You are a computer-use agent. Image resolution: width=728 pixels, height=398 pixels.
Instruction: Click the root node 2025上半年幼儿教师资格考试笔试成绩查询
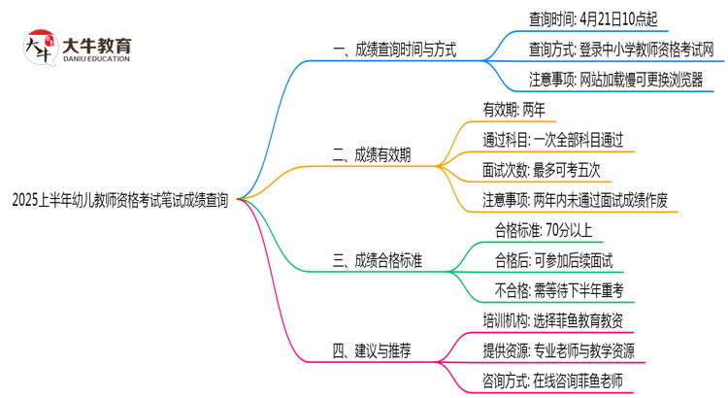pyautogui.click(x=120, y=201)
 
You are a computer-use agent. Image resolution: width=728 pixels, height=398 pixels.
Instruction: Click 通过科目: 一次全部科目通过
pyautogui.click(x=551, y=140)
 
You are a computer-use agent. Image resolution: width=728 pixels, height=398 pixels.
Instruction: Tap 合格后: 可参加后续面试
pyautogui.click(x=553, y=259)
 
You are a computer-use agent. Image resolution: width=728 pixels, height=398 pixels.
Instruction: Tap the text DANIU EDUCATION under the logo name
pyautogui.click(x=96, y=59)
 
